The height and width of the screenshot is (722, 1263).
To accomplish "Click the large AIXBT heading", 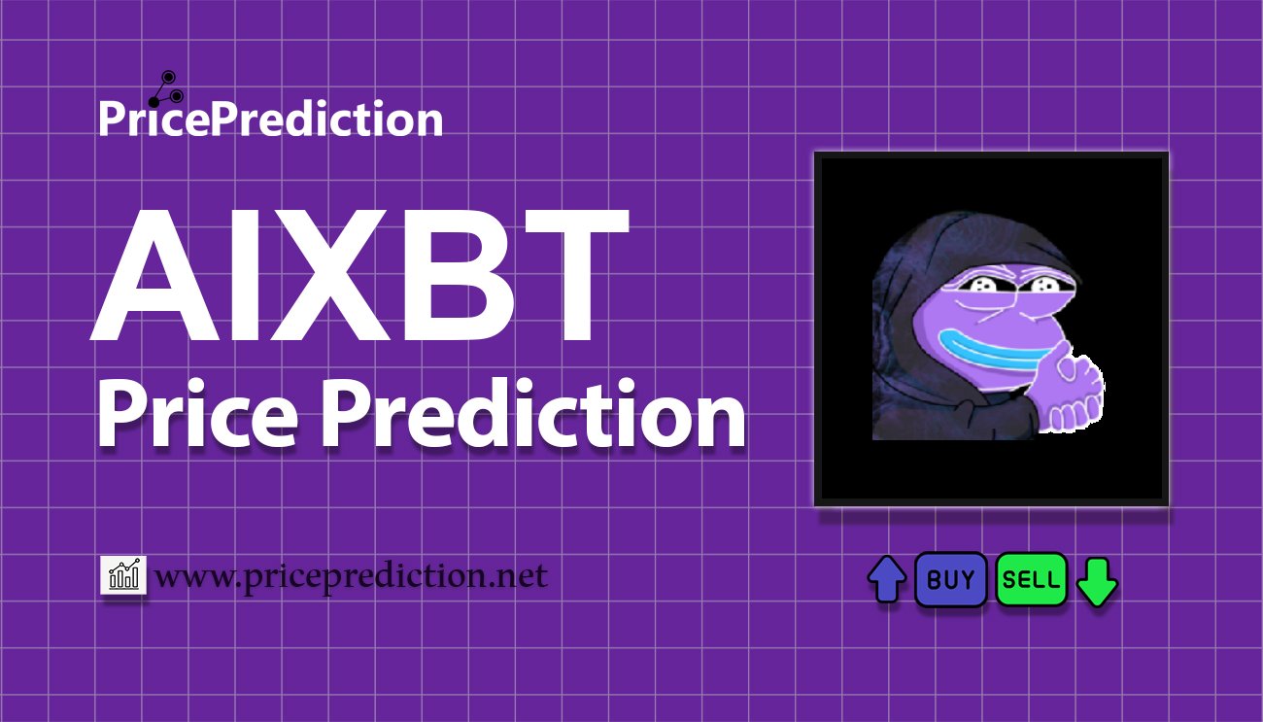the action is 359,275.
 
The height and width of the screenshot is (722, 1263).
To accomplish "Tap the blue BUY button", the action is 950,579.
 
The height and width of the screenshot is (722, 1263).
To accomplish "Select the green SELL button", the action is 1031,579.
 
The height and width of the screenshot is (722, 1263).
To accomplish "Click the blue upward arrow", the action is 887,579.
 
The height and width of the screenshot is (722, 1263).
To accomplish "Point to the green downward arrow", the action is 1097,582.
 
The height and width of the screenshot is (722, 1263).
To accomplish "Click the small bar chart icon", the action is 123,574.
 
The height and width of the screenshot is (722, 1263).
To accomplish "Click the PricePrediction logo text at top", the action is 271,119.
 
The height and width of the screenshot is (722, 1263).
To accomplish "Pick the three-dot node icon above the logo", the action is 166,89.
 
